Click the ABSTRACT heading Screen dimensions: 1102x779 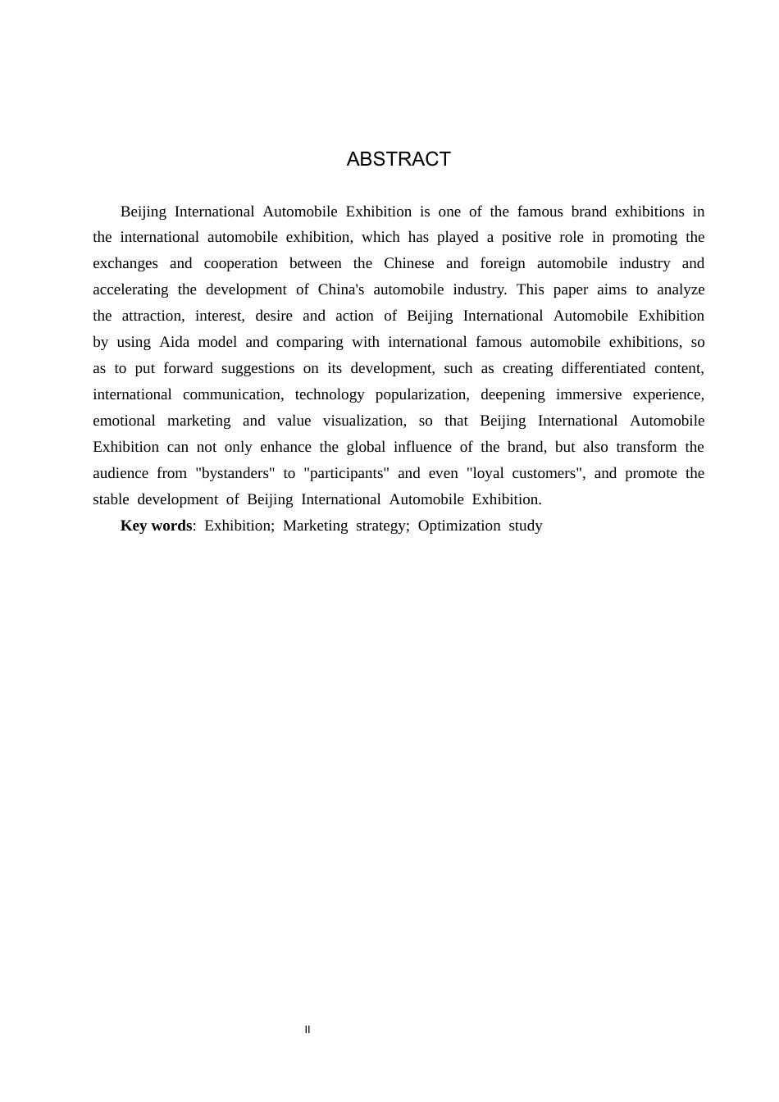tap(399, 159)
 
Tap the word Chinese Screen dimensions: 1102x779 tap(409, 263)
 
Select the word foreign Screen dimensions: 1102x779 tap(503, 263)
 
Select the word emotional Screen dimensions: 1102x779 tap(124, 421)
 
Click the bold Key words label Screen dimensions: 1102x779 tap(156, 526)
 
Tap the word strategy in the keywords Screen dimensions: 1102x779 tap(381, 526)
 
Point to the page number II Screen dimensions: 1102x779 tap(307, 1030)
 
